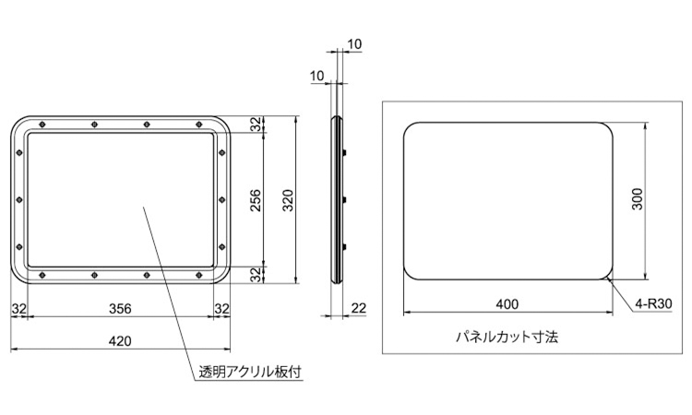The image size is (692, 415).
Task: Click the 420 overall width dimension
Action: coord(120,341)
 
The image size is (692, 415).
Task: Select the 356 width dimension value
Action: coord(120,308)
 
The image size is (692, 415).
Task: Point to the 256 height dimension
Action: coord(256,200)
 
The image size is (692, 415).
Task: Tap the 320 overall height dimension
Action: coord(288,200)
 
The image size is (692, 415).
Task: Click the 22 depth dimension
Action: coord(358,308)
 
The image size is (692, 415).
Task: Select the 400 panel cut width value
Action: coord(507,304)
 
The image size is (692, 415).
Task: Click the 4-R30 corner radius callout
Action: coord(653,303)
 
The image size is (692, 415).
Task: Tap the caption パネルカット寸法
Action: coord(507,338)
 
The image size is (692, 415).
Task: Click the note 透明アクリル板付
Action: coord(250,373)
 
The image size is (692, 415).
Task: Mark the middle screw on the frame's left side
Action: coord(19,200)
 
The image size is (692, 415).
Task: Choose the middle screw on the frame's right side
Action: coord(222,200)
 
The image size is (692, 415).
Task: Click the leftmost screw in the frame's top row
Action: coord(42,125)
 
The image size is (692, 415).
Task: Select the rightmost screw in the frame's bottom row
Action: coord(198,275)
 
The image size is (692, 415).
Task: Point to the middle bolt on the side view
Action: coord(345,200)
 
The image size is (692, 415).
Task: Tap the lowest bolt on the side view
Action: coord(345,247)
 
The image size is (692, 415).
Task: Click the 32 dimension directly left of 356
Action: coord(19,308)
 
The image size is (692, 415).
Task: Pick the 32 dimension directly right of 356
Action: coord(222,308)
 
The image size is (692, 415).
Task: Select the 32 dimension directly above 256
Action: coord(256,125)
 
